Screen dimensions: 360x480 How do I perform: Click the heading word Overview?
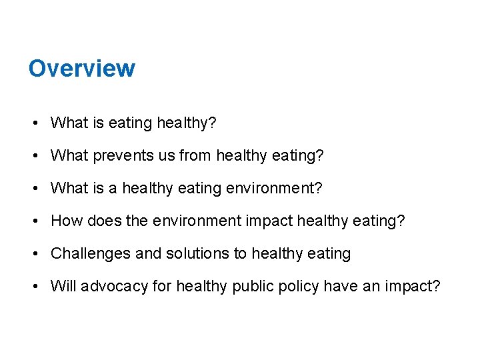coord(81,68)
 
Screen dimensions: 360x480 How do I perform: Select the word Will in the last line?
coord(63,287)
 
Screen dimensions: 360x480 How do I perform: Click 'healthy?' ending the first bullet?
coord(185,123)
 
